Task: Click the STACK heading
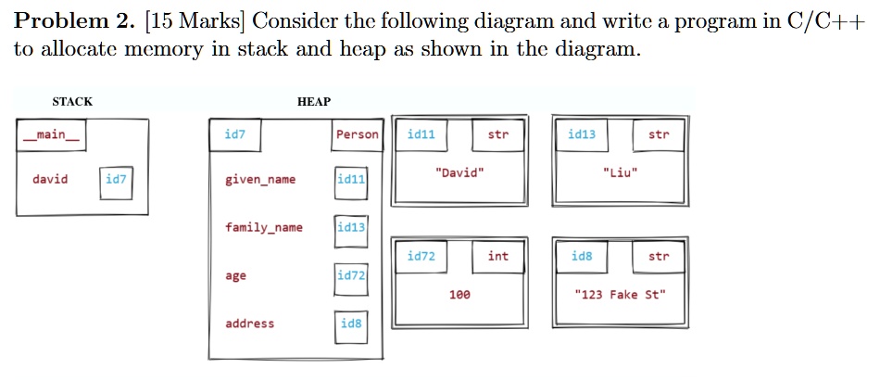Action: point(72,101)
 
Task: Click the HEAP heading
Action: point(313,101)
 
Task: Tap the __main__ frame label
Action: point(51,135)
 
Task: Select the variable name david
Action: point(50,179)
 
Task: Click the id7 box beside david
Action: point(117,180)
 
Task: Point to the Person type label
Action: point(357,135)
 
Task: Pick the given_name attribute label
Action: point(260,180)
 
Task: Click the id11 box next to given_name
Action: point(351,180)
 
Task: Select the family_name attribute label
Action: point(263,227)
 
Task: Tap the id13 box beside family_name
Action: point(351,228)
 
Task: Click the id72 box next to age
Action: point(351,276)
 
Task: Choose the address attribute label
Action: point(249,324)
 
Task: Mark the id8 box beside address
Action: point(351,324)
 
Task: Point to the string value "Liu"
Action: point(619,173)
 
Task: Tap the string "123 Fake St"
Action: point(619,295)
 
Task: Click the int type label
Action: point(498,256)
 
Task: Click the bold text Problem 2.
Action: point(72,21)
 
